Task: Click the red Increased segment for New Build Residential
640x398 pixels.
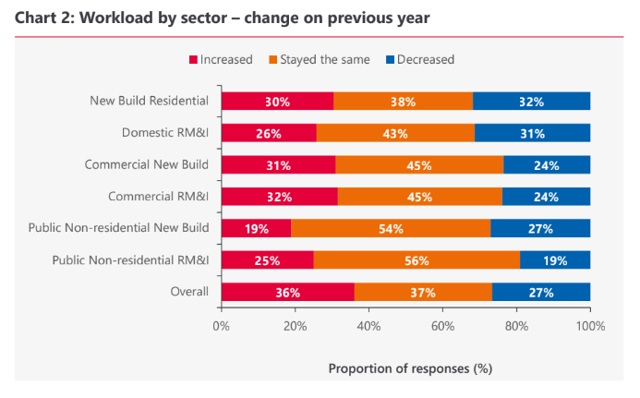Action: coord(277,102)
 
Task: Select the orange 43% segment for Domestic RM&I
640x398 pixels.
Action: coord(395,133)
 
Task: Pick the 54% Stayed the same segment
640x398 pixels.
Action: coord(391,229)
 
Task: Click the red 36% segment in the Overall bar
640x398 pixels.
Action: coord(287,293)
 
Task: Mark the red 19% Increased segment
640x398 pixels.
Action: coord(256,229)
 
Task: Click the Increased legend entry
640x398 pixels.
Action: coord(221,60)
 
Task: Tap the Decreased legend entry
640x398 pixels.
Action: coord(419,60)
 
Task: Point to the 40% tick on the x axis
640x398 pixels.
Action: coord(368,325)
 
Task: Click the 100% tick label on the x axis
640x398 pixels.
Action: coord(590,325)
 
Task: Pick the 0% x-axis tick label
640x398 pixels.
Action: coord(222,325)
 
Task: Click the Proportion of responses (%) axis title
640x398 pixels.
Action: coord(410,368)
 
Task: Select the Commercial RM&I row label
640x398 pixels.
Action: coord(159,197)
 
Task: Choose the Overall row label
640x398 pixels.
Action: coord(188,293)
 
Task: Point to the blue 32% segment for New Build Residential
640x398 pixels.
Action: coord(532,102)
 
